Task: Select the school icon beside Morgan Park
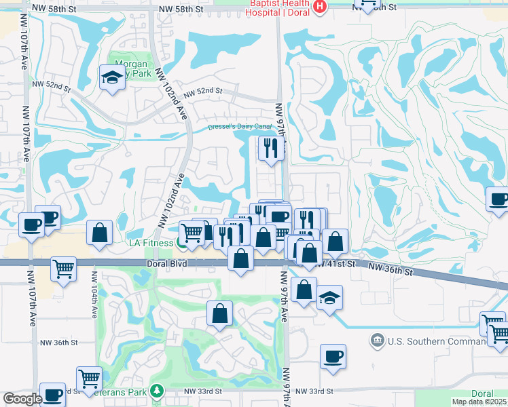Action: click(x=111, y=78)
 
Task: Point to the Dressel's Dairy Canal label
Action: click(x=240, y=127)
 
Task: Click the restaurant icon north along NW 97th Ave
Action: click(x=270, y=149)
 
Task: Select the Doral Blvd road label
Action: click(x=164, y=263)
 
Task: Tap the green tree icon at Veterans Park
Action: click(x=157, y=391)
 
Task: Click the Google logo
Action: click(x=22, y=399)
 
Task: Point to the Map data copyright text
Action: click(x=479, y=402)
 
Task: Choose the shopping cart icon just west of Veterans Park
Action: click(x=89, y=378)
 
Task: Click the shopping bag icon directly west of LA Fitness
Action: click(x=100, y=233)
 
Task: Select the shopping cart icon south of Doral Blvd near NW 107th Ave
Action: click(x=63, y=268)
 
